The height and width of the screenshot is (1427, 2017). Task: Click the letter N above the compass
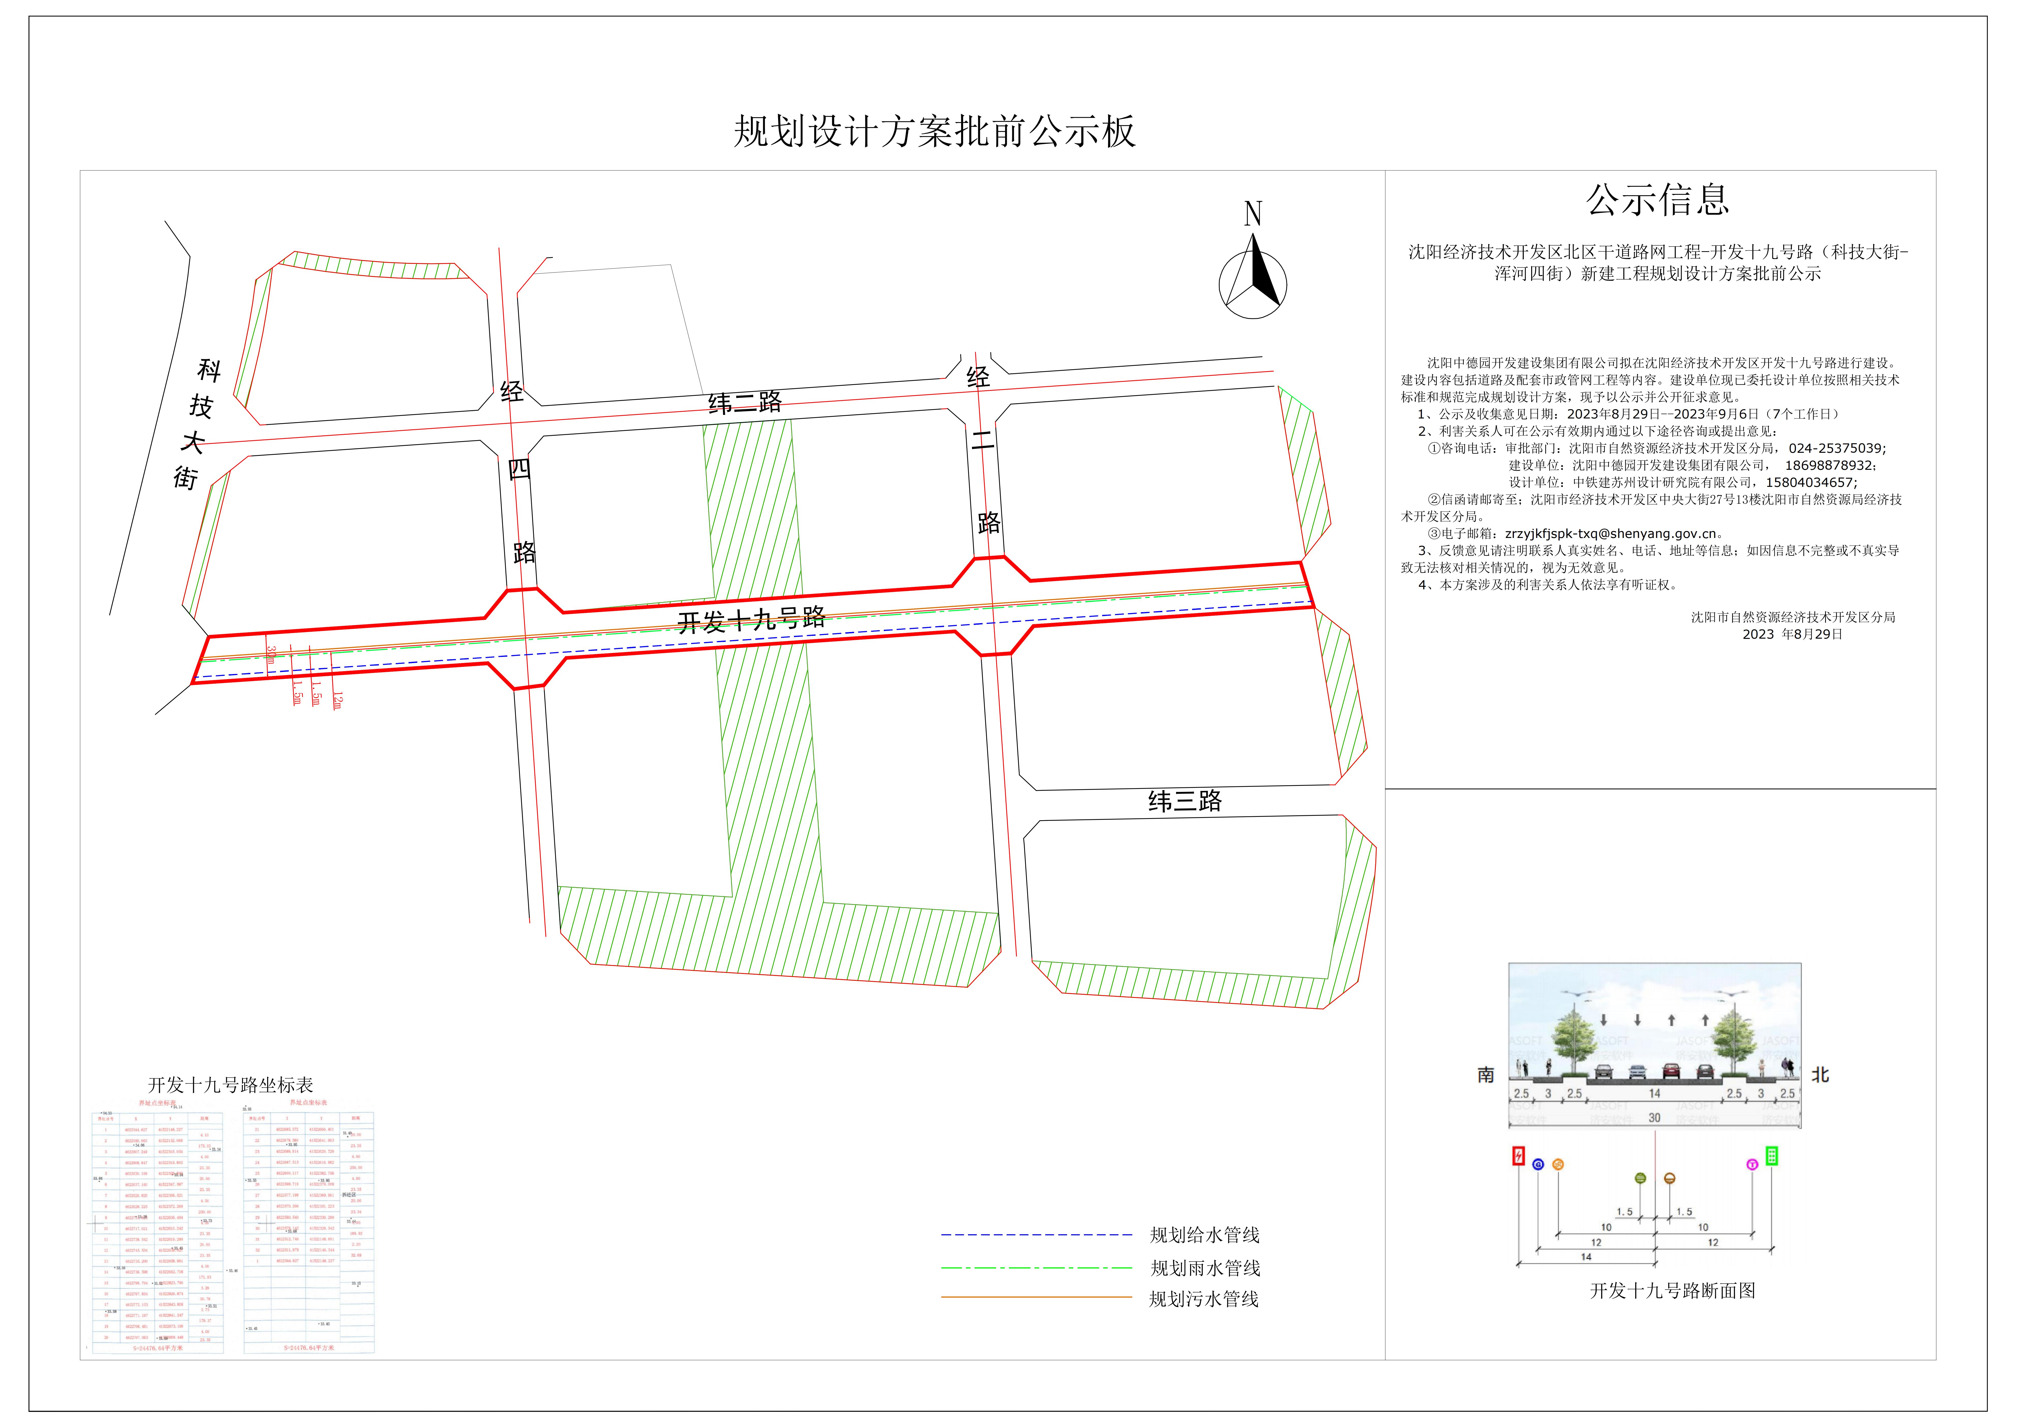(x=1253, y=214)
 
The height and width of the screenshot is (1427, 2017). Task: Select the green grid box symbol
(x=1772, y=1156)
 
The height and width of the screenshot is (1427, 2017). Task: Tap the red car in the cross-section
(x=1671, y=1071)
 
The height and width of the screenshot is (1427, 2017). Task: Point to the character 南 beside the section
(x=1486, y=1075)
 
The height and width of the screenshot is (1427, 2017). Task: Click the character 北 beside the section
(x=1820, y=1075)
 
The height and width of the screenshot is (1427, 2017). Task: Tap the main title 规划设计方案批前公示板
(x=935, y=132)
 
